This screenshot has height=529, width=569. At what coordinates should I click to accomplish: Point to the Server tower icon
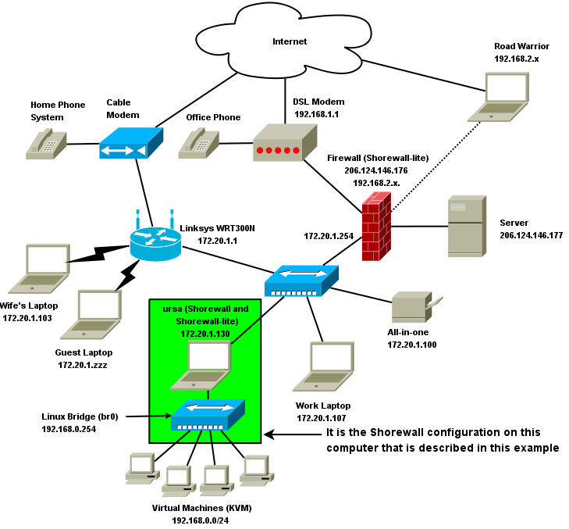coord(466,227)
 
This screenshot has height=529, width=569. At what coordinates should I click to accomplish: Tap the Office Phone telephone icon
coord(198,144)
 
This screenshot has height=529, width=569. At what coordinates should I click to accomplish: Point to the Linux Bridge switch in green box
coord(207,415)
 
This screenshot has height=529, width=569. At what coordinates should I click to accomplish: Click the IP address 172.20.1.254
coord(328,235)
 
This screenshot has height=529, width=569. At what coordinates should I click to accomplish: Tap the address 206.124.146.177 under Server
coord(531,235)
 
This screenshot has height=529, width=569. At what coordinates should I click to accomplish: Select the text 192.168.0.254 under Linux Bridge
coord(69,429)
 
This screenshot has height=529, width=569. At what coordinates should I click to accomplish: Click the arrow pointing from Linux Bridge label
coord(148,416)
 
